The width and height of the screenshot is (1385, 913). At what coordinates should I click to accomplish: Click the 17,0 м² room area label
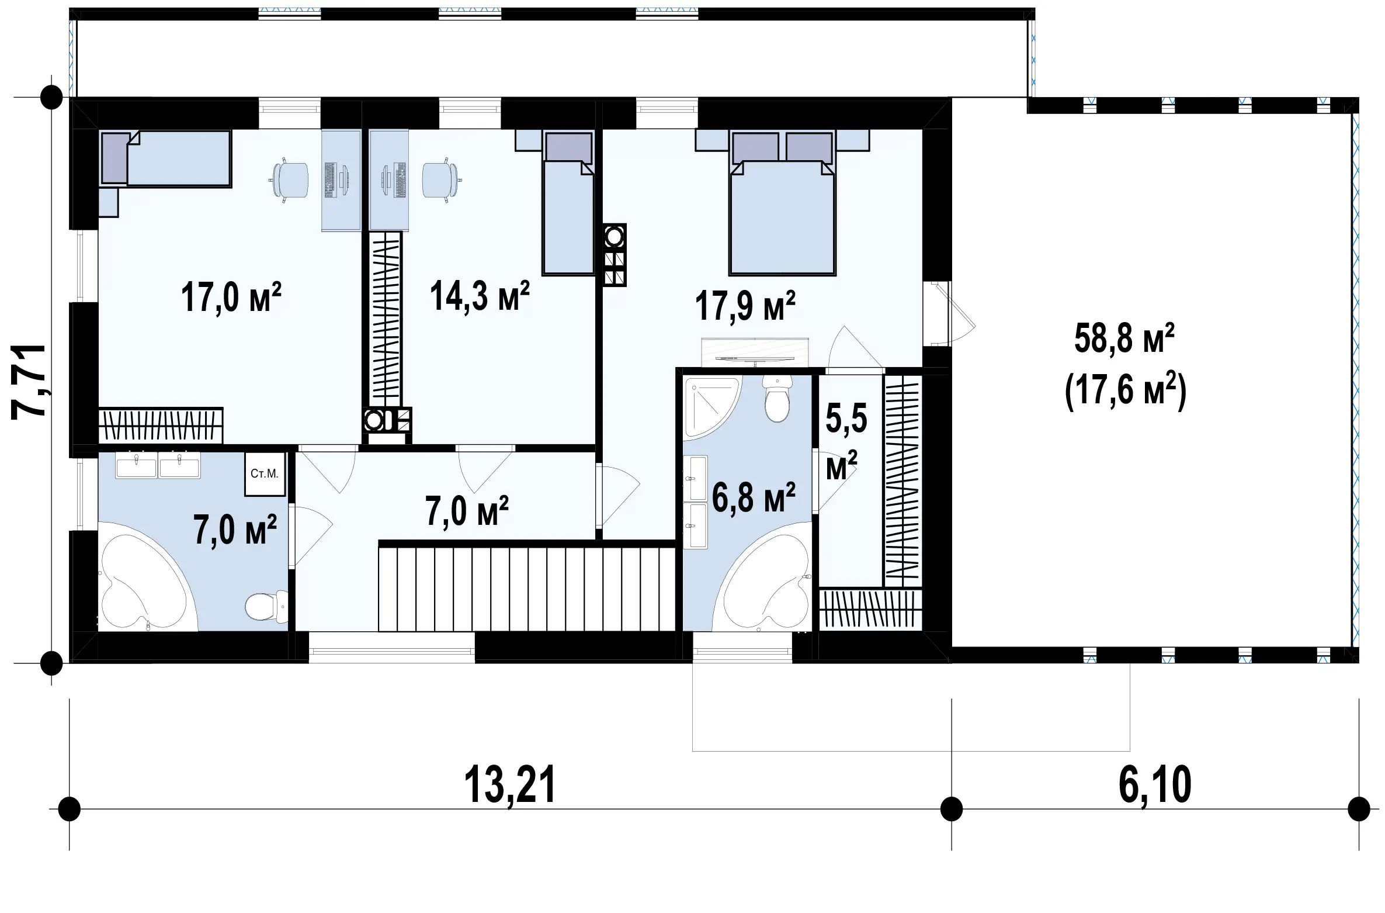point(231,297)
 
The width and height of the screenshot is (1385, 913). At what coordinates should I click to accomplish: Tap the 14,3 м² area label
point(480,295)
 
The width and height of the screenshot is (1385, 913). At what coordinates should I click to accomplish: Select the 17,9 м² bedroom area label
point(745,306)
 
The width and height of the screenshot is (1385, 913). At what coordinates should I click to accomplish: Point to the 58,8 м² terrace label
point(1124,339)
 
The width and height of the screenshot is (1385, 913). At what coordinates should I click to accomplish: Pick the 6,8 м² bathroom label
point(754,497)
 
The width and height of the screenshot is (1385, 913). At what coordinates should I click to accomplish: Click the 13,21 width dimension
point(509,786)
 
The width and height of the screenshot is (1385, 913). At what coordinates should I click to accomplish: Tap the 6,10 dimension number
point(1155,786)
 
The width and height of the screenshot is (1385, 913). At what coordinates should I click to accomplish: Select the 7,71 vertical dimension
point(28,381)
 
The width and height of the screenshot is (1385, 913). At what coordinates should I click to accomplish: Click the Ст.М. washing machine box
point(265,474)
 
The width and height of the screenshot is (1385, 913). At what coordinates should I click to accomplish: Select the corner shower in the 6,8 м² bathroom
point(711,407)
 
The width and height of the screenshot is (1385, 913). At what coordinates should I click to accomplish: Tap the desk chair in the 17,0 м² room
point(290,180)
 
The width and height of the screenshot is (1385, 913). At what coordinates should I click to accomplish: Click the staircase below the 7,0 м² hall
point(527,586)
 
